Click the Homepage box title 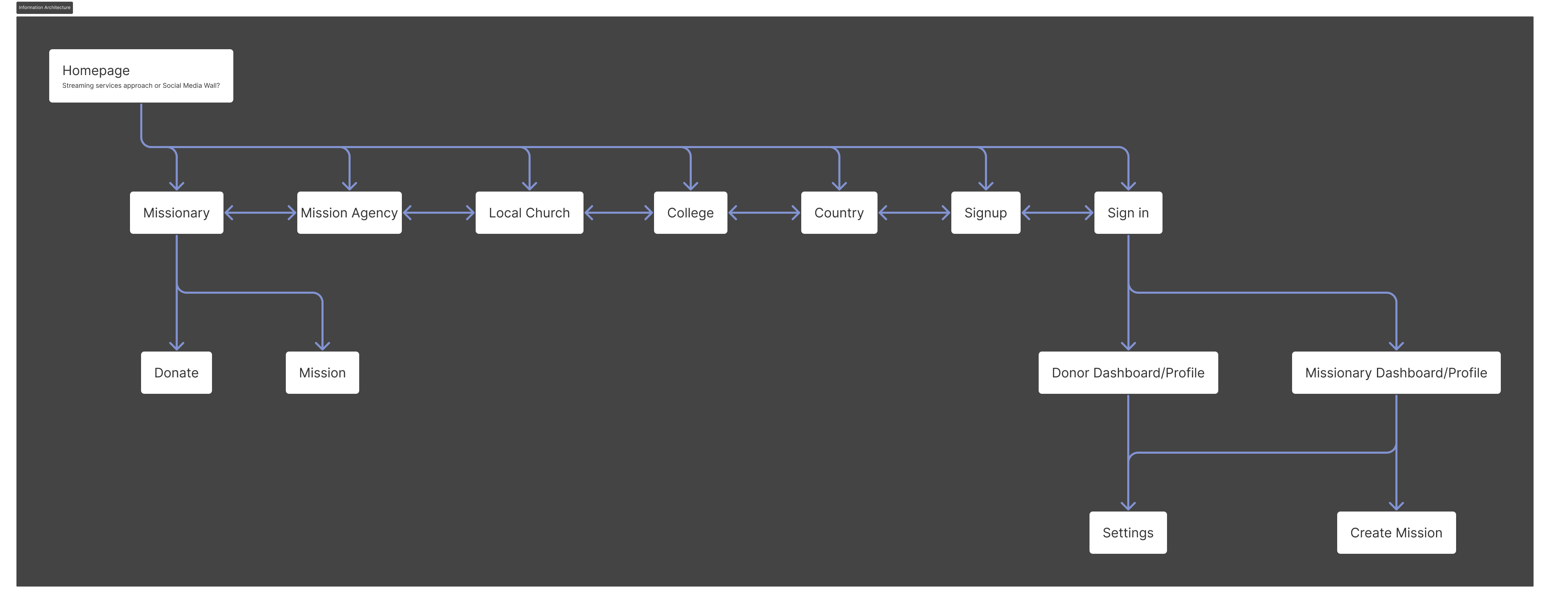96,71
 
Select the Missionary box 176,213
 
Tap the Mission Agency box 349,213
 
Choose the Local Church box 529,213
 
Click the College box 690,213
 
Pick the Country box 839,213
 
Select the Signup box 985,213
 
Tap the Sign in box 1128,213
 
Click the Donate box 176,372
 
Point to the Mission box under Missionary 322,372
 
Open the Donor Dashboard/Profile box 1128,372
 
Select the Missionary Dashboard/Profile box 1395,372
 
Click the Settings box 1128,532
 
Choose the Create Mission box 1395,532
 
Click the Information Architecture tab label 45,7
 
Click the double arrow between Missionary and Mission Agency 260,212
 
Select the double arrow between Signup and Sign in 1057,212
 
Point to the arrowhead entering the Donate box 176,345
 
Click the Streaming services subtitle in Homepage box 141,85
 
